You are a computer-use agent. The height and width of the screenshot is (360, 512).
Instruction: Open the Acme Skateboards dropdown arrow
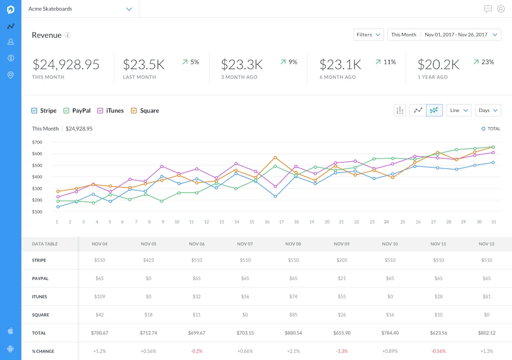(x=129, y=9)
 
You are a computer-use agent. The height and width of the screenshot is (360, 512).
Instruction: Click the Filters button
(x=368, y=34)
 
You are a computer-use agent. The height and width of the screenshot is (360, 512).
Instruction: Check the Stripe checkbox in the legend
(x=34, y=110)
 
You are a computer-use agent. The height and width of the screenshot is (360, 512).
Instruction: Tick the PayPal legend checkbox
(x=66, y=110)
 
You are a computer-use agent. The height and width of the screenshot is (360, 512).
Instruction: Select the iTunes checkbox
(x=100, y=110)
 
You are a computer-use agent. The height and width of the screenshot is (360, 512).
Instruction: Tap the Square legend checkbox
(x=134, y=110)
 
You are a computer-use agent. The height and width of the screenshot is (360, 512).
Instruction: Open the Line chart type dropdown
(x=459, y=110)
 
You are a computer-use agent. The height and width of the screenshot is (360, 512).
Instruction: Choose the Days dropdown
(x=488, y=110)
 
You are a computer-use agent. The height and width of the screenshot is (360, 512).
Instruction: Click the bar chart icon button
(x=400, y=110)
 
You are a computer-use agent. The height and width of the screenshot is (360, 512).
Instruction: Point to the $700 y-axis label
(x=37, y=142)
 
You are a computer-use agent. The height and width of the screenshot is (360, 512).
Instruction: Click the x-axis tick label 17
(x=281, y=222)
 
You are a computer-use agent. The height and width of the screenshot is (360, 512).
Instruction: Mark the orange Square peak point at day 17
(x=275, y=157)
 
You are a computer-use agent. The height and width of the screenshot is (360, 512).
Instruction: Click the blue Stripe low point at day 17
(x=275, y=196)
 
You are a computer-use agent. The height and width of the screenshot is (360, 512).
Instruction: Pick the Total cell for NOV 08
(x=293, y=333)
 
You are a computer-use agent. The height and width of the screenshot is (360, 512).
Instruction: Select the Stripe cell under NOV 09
(x=342, y=260)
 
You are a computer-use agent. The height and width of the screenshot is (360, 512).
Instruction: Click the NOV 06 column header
(x=197, y=244)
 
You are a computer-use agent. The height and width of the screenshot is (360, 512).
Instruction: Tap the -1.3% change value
(x=342, y=351)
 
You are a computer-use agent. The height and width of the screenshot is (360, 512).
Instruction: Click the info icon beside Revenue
(x=67, y=35)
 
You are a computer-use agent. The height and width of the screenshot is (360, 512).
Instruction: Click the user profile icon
(x=501, y=9)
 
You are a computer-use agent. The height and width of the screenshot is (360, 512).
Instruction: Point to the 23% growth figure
(x=488, y=62)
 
